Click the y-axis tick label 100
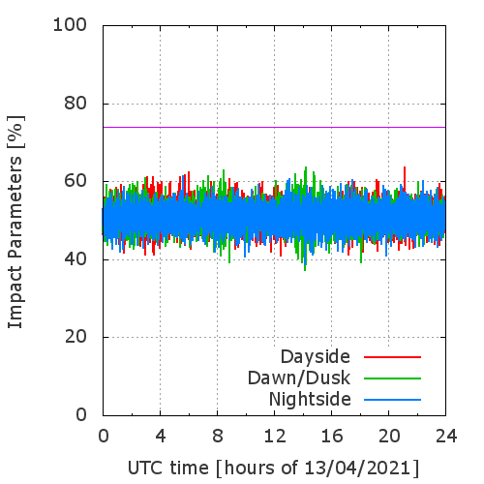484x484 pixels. point(70,25)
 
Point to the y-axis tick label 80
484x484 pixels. point(76,104)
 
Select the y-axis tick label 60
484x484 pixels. point(76,181)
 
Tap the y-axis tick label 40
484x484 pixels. point(76,259)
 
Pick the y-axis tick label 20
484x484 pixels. point(76,337)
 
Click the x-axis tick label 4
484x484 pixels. point(161,436)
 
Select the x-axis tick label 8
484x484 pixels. point(218,436)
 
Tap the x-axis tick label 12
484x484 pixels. point(275,436)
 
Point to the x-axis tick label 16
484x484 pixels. point(332,436)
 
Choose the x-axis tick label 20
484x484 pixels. point(389,436)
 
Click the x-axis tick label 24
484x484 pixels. point(446,436)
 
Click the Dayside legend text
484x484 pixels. point(316,357)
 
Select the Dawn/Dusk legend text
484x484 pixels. point(299,378)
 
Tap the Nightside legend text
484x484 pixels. point(310,400)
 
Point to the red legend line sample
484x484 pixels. point(392,357)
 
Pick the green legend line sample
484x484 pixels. point(392,378)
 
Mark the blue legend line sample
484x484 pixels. point(392,400)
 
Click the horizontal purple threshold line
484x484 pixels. point(274,127)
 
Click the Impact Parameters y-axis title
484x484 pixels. point(15,242)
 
